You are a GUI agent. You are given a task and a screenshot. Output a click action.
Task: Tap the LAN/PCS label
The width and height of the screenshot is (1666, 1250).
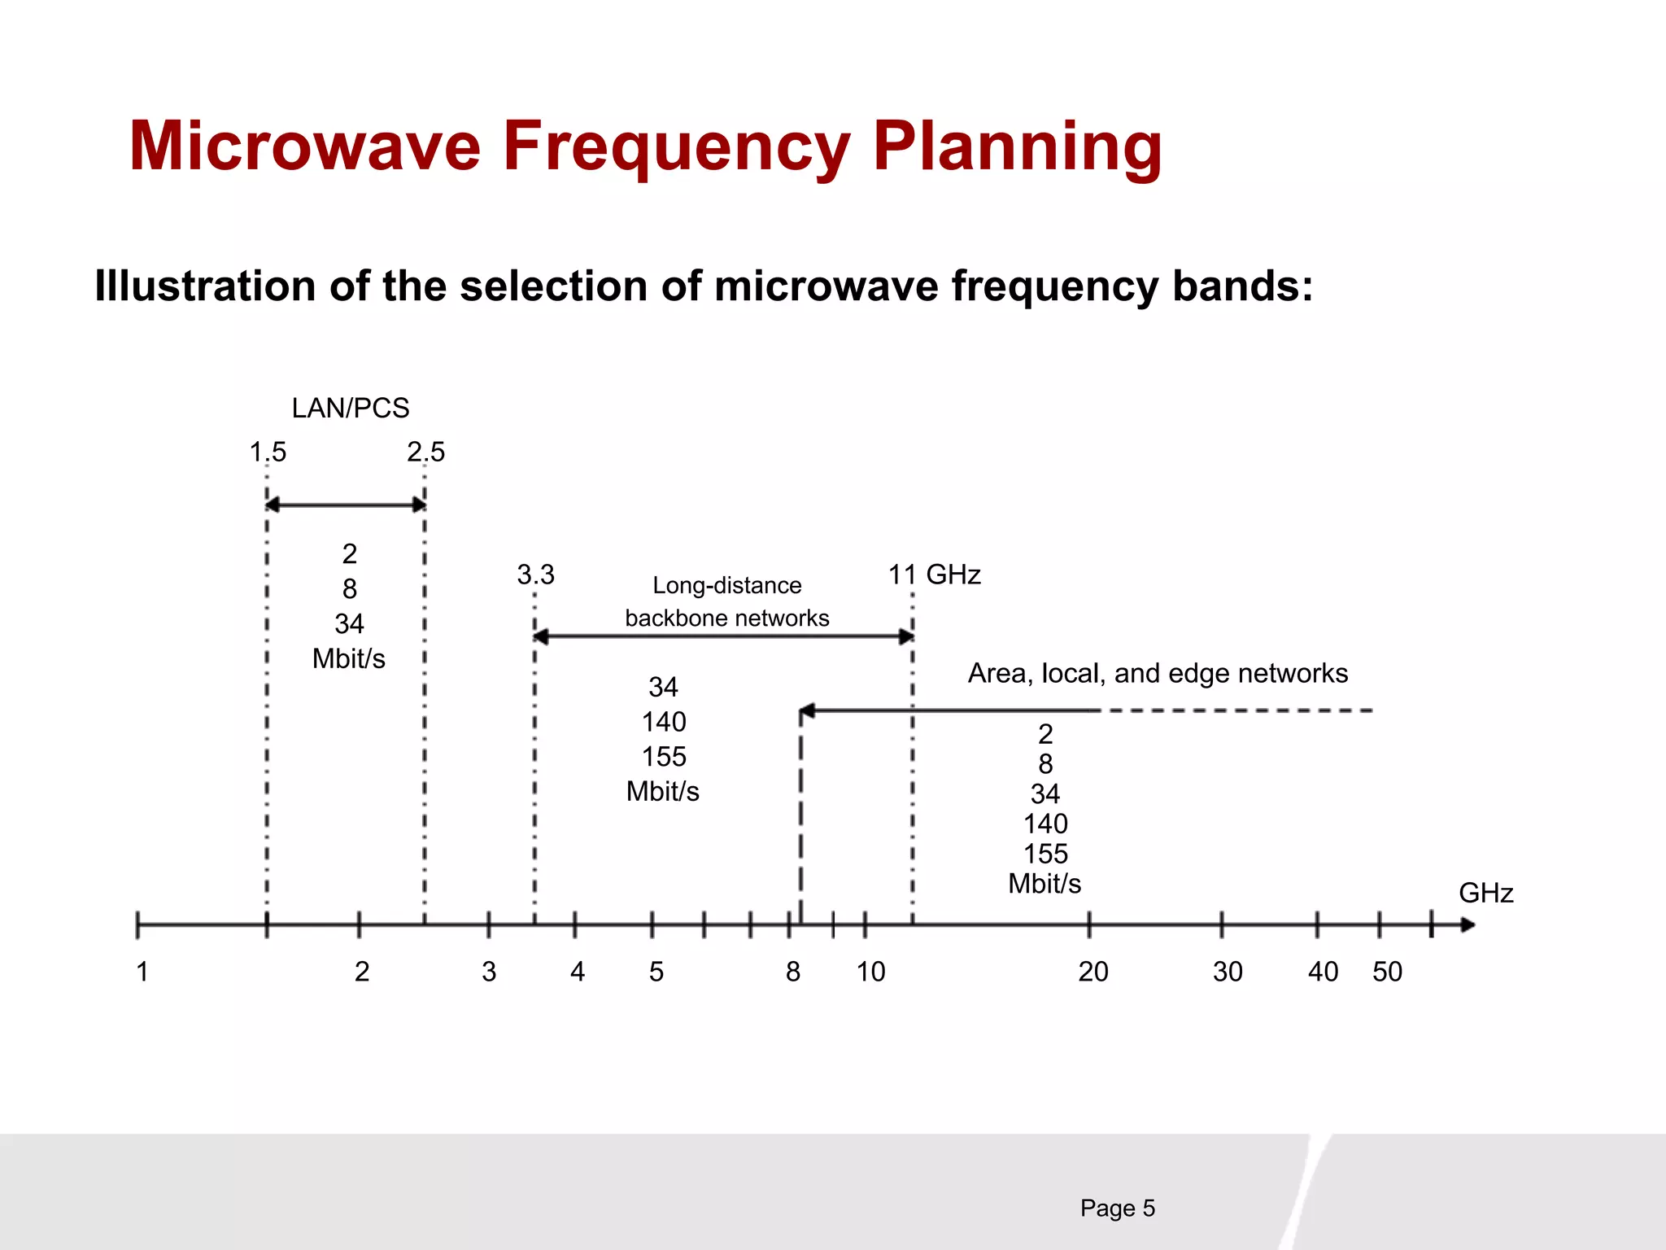point(351,408)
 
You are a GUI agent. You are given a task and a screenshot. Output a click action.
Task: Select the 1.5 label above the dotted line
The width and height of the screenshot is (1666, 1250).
point(268,452)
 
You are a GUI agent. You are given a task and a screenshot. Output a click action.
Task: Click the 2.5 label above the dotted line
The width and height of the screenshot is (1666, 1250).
point(425,452)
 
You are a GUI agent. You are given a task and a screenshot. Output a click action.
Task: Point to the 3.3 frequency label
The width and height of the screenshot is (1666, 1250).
point(535,575)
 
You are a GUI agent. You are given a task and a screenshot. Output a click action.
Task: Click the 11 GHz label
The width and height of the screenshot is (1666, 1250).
point(934,575)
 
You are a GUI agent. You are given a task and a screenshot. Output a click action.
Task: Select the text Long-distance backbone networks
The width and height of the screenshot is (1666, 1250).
point(726,601)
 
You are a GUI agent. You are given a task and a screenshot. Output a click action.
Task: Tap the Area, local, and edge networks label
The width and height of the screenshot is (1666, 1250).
point(1157,673)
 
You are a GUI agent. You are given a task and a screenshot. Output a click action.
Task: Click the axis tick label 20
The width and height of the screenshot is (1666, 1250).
point(1092,972)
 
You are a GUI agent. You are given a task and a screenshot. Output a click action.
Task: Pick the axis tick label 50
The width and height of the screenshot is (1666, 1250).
point(1387,972)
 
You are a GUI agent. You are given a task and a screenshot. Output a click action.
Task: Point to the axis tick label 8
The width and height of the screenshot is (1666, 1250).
point(792,972)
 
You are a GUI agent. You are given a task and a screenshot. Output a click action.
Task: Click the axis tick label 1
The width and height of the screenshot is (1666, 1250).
point(142,972)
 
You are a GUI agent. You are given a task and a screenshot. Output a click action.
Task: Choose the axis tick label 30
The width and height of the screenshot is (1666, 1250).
point(1227,972)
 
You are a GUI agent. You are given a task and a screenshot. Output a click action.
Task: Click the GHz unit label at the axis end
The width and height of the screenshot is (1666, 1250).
point(1485,893)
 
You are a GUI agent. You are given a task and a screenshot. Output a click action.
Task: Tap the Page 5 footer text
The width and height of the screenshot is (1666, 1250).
point(1117,1208)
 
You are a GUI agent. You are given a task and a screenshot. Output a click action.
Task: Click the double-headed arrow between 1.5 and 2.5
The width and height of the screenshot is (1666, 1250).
point(346,505)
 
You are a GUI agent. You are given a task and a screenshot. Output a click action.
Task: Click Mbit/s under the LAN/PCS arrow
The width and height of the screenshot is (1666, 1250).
point(348,658)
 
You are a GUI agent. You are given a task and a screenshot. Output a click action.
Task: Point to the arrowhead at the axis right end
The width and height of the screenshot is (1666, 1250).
point(1467,925)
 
